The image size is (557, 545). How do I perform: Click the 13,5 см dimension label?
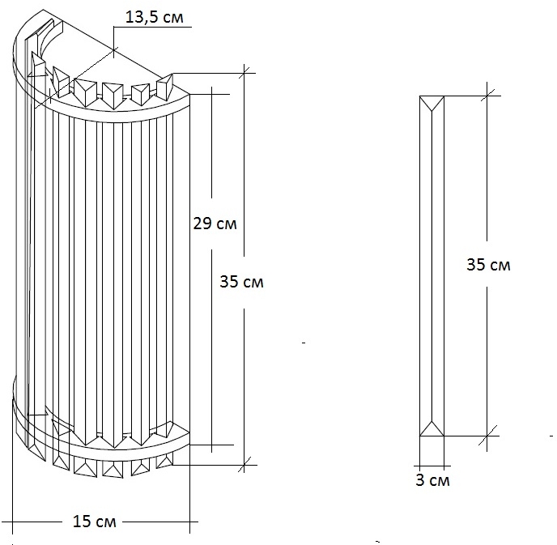point(155,17)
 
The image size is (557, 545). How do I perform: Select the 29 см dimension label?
point(215,224)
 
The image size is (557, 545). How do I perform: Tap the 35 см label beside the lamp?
point(241,282)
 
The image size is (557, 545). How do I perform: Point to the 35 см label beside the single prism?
point(488,265)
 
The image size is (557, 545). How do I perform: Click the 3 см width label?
point(432,480)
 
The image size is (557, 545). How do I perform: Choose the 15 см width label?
point(95,522)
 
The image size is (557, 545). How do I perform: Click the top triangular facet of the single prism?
point(432,103)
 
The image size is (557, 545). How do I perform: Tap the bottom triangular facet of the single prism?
point(432,428)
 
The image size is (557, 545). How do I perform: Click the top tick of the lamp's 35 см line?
point(244,73)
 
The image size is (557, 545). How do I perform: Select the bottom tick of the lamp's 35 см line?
point(244,465)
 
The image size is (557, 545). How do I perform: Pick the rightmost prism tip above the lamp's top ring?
point(165,87)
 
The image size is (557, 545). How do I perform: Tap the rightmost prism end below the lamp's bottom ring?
point(164,462)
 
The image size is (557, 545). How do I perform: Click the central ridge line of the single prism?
point(432,266)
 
